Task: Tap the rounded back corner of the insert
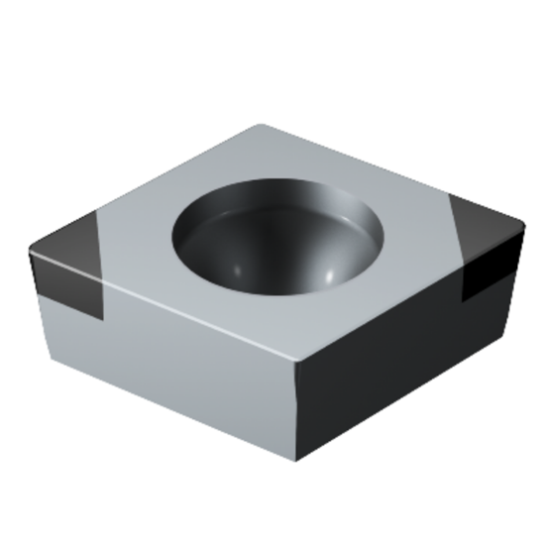click(x=260, y=127)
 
